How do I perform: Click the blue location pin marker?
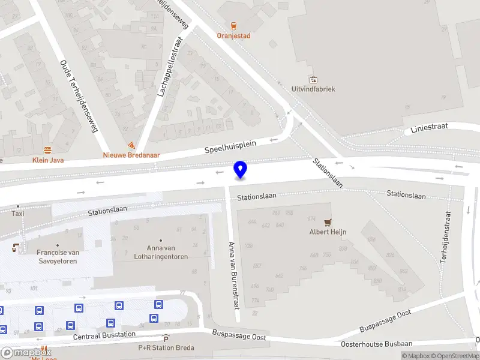pos(241,170)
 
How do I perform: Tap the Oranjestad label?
pos(233,35)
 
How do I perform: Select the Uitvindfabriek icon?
pos(313,79)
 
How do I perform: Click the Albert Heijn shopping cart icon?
pos(328,222)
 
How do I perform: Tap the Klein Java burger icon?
pos(47,150)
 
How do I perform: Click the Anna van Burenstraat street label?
pos(233,274)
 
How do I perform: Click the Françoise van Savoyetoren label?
pos(58,257)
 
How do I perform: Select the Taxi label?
pos(18,213)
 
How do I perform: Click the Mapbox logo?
pos(26,353)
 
